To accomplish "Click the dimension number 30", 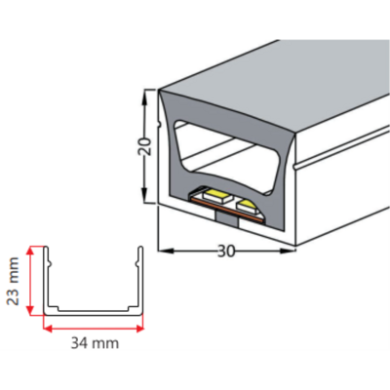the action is pos(226,251).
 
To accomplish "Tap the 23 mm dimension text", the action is pos(14,281).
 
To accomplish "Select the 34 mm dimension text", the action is pos(95,343).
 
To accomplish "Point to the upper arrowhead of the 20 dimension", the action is pos(144,96).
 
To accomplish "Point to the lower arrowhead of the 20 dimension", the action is pos(144,196).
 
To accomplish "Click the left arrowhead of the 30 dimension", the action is pos(165,251).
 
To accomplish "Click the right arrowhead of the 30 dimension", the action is pos(288,251).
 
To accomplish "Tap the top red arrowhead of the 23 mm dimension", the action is pos(30,252).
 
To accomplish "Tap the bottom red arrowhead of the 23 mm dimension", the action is pos(30,310).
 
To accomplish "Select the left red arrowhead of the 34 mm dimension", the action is pos(48,329).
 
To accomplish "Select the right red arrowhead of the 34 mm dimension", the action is pos(139,329).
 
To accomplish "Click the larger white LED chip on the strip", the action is pos(216,196).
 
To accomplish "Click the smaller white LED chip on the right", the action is pos(247,206).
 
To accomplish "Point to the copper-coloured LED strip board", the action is pos(227,211).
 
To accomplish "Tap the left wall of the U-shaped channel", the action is pos(46,280).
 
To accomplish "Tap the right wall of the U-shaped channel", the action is pos(140,280).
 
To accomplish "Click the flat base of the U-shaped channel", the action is pos(94,312).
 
